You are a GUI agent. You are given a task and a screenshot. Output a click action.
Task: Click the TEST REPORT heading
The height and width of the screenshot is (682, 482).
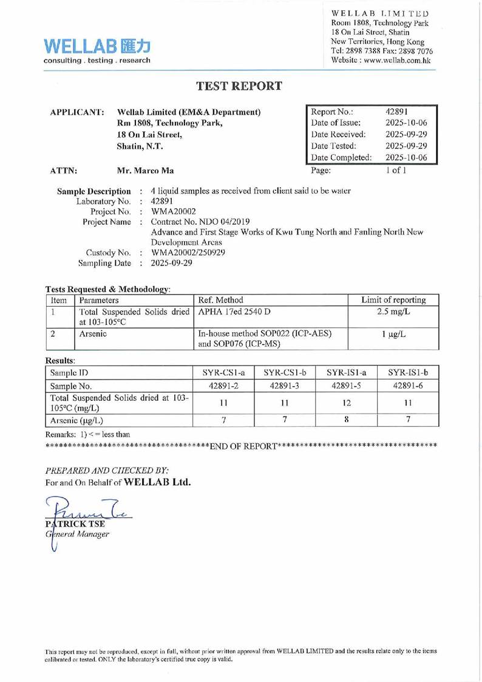pyautogui.click(x=240, y=86)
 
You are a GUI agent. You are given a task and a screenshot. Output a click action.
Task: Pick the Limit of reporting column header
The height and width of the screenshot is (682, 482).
pyautogui.click(x=393, y=300)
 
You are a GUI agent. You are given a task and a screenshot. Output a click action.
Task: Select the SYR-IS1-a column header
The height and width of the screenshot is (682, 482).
pyautogui.click(x=345, y=371)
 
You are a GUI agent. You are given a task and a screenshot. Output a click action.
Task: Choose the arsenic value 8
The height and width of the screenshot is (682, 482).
pyautogui.click(x=345, y=420)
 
